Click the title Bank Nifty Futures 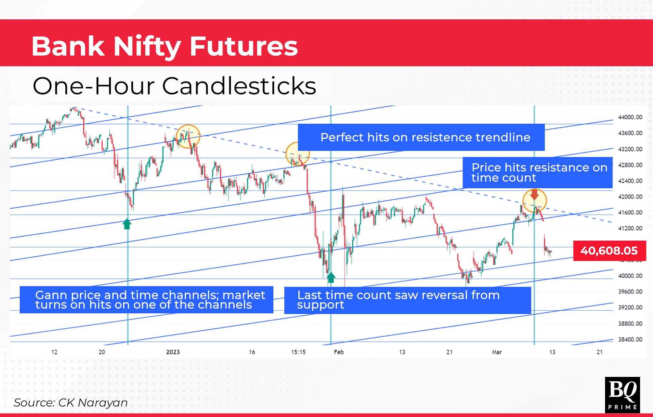(165, 46)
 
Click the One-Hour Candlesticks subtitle (174, 86)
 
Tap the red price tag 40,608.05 (609, 251)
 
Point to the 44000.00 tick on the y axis (630, 117)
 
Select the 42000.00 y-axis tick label (630, 197)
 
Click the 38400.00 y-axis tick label (630, 340)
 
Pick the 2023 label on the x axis (173, 352)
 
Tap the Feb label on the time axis (339, 352)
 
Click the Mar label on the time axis (497, 352)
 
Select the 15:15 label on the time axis (298, 352)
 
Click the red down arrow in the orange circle (534, 194)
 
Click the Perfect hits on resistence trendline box (421, 137)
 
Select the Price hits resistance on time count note (537, 173)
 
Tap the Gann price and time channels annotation (147, 300)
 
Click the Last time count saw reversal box (407, 300)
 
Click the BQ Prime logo (622, 395)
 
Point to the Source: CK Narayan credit (71, 403)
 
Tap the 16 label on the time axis (252, 352)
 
